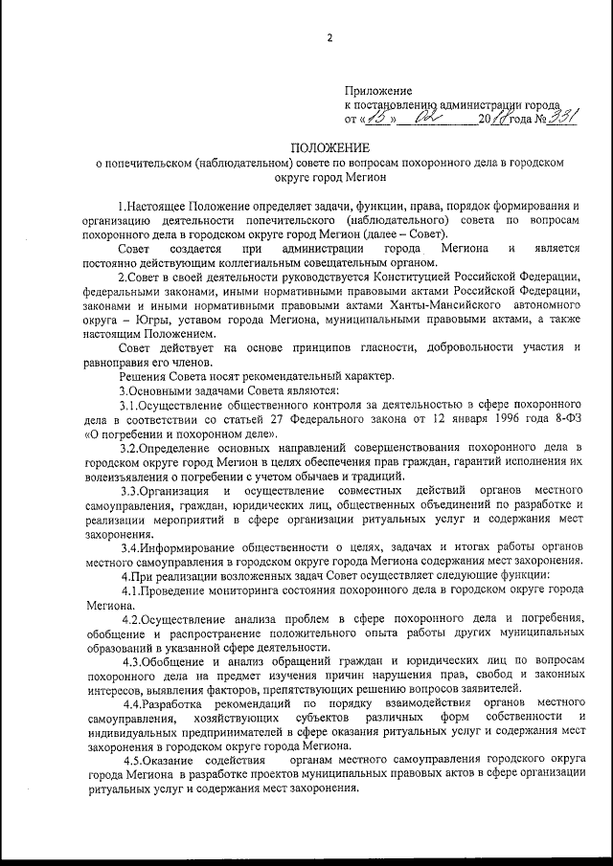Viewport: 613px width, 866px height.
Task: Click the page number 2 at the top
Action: point(329,38)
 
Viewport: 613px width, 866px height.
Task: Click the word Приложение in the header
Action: point(375,89)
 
